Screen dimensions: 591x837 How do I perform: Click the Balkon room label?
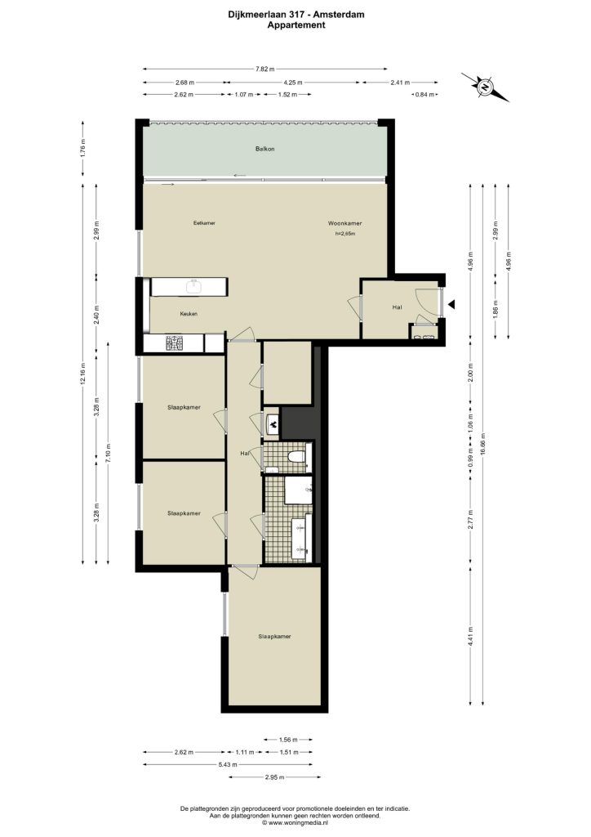click(264, 149)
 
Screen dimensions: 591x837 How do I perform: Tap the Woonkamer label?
click(344, 224)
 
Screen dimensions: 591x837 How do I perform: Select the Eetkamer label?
click(204, 223)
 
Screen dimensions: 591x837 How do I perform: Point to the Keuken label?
click(189, 314)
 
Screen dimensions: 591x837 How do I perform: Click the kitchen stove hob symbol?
click(174, 343)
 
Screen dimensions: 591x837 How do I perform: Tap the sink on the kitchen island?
click(193, 287)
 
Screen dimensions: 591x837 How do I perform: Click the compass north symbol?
click(485, 87)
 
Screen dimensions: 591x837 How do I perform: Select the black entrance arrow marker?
click(451, 304)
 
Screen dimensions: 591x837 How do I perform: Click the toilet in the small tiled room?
click(295, 457)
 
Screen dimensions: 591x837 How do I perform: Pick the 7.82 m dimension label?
click(264, 69)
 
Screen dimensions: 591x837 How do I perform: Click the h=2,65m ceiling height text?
click(344, 234)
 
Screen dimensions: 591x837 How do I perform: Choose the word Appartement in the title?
click(295, 25)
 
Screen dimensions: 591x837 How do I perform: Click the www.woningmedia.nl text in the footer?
click(298, 823)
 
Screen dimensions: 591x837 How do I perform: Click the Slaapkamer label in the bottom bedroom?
click(274, 636)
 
